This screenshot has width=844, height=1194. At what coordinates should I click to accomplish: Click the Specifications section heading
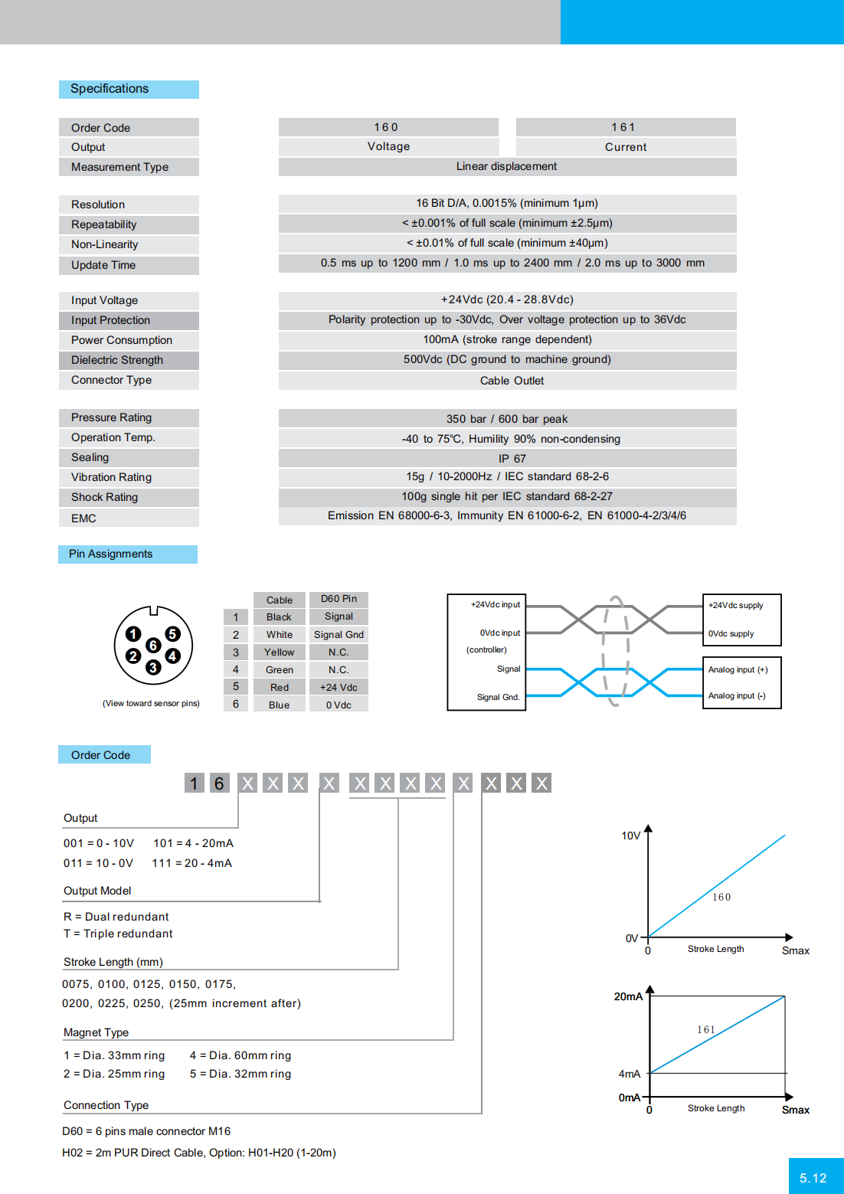point(110,89)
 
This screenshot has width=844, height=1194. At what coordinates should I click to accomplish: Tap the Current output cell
point(626,147)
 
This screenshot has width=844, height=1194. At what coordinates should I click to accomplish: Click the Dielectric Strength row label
point(117,360)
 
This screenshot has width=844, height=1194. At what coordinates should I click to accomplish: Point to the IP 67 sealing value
point(512,458)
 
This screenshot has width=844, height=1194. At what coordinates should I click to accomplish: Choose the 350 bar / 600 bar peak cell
point(507,419)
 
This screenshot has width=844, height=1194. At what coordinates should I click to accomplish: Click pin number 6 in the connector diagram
point(153,646)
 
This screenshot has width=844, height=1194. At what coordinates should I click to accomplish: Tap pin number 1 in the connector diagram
point(133,633)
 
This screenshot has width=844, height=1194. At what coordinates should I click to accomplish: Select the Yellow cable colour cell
point(279,653)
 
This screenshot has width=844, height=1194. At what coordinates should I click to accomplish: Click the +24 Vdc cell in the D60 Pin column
point(339,687)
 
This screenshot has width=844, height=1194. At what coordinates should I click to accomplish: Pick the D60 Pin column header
point(339,599)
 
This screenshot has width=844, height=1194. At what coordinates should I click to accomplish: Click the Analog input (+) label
point(738,669)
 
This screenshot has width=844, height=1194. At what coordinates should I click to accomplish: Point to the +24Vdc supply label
point(735,605)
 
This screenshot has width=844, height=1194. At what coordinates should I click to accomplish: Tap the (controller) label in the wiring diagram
point(486,649)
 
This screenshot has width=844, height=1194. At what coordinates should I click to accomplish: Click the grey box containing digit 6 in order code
point(219,783)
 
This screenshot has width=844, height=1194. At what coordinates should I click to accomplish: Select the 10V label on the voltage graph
point(631,836)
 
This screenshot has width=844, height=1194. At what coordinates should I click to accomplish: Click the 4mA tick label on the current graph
point(630,1074)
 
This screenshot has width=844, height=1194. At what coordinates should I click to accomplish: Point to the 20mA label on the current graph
point(628,996)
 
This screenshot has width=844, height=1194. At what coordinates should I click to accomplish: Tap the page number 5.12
point(813,1178)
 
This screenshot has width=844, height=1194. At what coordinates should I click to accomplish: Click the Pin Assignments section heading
point(110,554)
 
